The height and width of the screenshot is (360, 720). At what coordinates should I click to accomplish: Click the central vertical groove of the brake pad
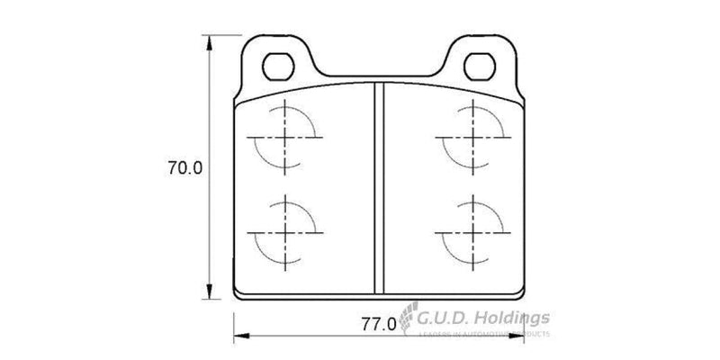click(379, 189)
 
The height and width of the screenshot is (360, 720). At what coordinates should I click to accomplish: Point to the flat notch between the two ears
click(379, 76)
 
